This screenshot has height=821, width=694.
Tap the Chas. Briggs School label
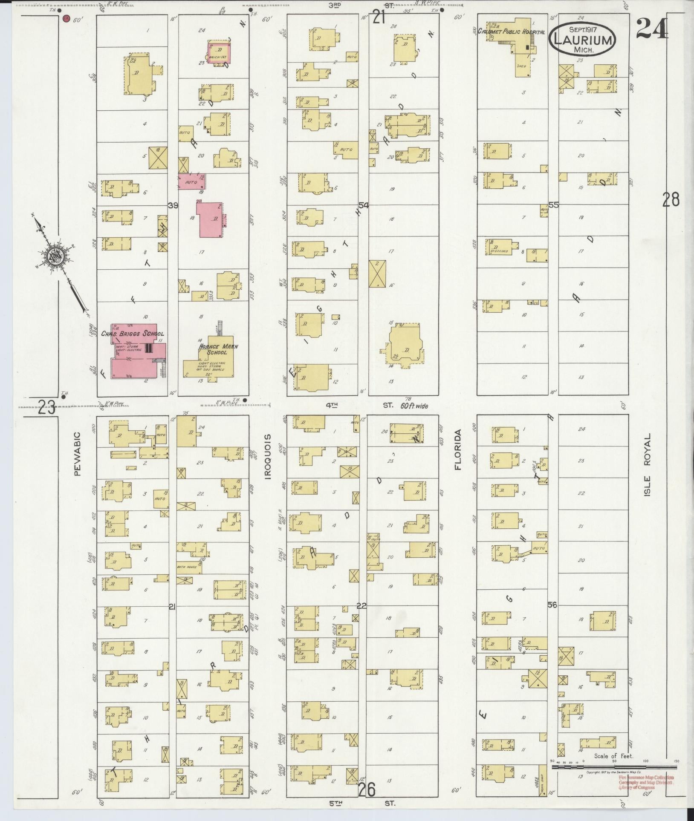[x=132, y=334]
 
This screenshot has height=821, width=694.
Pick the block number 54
[x=363, y=205]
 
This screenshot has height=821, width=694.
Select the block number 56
[x=553, y=605]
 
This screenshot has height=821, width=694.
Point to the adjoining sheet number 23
[x=46, y=408]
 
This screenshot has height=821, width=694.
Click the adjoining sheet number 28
[x=671, y=199]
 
